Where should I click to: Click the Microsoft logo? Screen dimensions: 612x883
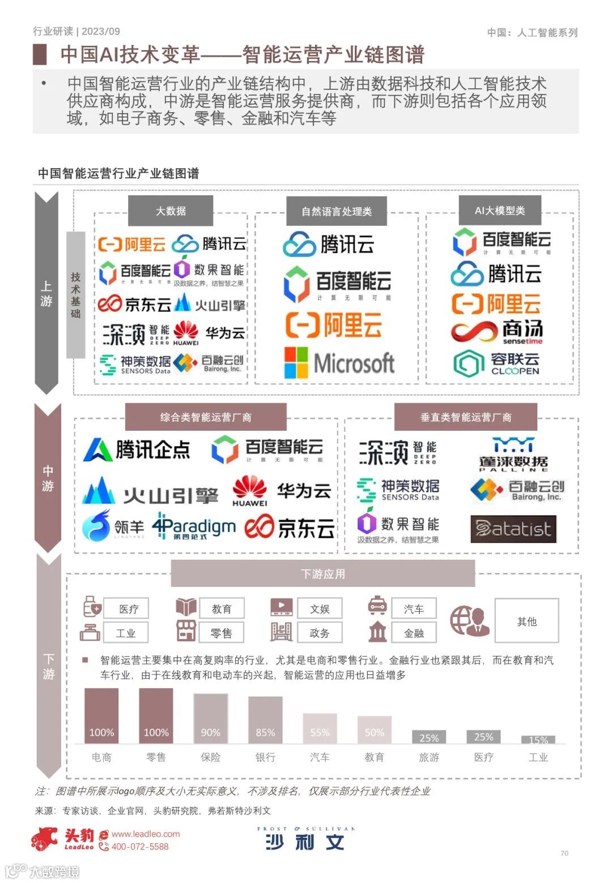[339, 363]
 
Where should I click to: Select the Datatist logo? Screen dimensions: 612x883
[513, 529]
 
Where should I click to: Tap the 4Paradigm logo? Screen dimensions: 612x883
[194, 527]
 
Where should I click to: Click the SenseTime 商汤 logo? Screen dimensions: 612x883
[497, 332]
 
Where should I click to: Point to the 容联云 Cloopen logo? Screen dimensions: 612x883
[497, 363]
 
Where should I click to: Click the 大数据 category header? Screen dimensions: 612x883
[171, 211]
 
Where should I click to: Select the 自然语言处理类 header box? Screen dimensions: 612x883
[337, 212]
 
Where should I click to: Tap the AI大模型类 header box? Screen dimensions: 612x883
[500, 211]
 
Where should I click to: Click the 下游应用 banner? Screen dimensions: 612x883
[322, 574]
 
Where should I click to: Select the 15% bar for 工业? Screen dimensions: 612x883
[538, 739]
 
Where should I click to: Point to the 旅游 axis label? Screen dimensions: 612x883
[429, 757]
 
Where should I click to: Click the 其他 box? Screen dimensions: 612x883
[526, 621]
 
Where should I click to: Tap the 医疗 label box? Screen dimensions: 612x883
[126, 609]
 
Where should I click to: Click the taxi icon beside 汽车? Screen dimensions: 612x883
[377, 605]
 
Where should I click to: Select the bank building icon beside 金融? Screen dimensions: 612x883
[377, 632]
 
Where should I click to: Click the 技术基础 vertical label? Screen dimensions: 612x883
[76, 295]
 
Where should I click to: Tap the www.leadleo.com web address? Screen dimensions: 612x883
[146, 834]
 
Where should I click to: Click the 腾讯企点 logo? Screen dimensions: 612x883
[137, 450]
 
